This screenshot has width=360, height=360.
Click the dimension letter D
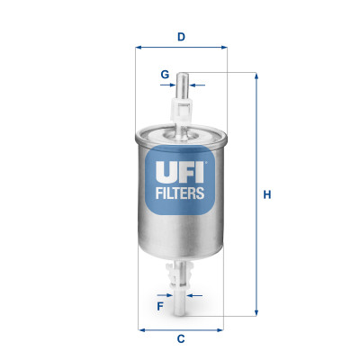pyautogui.click(x=180, y=37)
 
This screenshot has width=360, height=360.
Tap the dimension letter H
pyautogui.click(x=266, y=193)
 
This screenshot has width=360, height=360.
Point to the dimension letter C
pyautogui.click(x=180, y=338)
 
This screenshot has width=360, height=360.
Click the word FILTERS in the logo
pyautogui.click(x=181, y=192)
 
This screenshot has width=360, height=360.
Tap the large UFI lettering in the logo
pyautogui.click(x=181, y=168)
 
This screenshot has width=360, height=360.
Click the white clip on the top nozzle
pyautogui.click(x=181, y=111)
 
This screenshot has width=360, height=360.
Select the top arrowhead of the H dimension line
pyautogui.click(x=256, y=76)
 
